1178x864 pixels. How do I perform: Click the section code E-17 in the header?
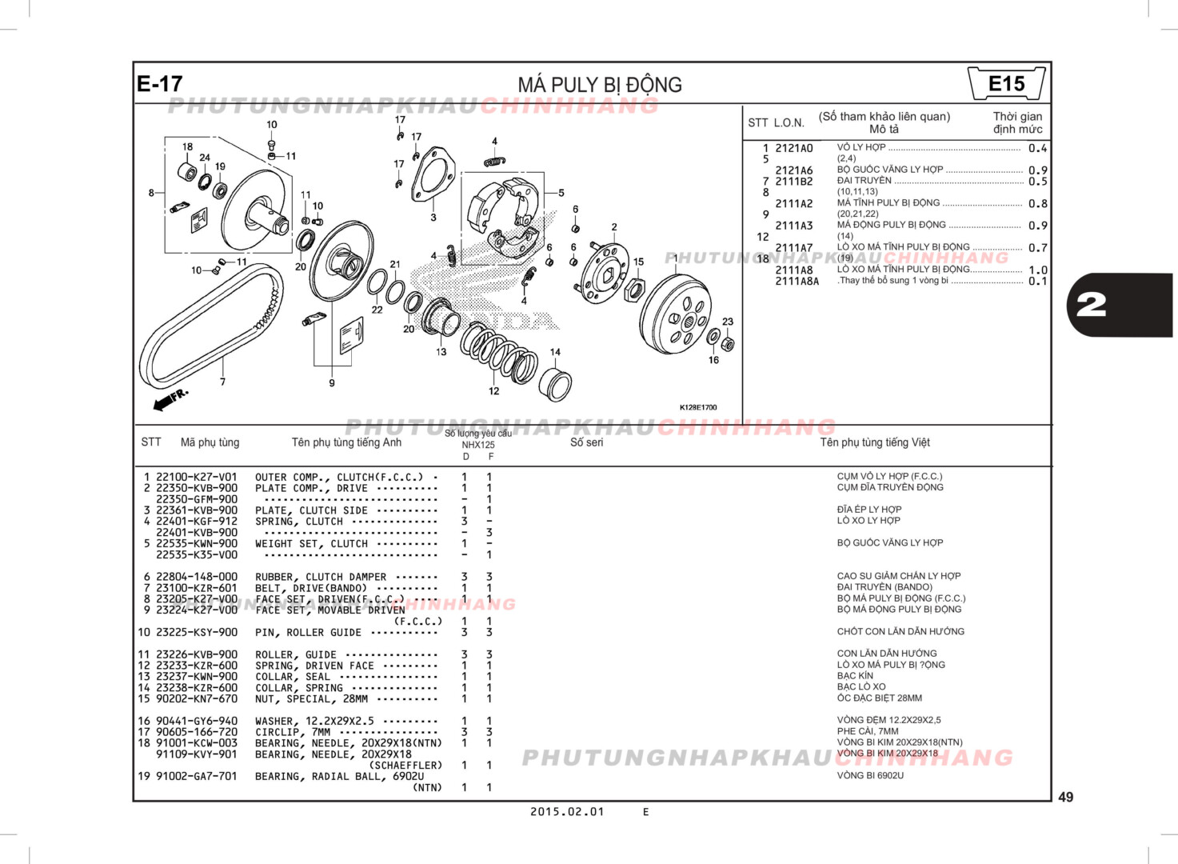tap(160, 84)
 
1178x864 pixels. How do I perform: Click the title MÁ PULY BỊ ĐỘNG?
tap(600, 85)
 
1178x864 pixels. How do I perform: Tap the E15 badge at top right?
tap(1006, 84)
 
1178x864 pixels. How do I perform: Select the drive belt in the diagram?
tap(210, 328)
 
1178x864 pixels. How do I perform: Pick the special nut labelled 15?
tap(633, 290)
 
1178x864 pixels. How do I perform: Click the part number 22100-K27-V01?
tap(196, 477)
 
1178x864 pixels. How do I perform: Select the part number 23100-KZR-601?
tap(196, 588)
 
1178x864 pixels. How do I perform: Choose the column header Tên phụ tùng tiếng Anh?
tap(346, 442)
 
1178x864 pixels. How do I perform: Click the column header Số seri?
tap(586, 442)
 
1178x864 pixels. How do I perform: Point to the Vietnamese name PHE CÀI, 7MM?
tap(867, 731)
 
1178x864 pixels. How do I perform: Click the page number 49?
tap(1065, 797)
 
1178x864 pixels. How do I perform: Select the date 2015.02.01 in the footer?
tap(567, 811)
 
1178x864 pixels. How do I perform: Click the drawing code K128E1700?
tap(698, 407)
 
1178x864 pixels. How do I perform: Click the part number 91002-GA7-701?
tap(196, 776)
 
